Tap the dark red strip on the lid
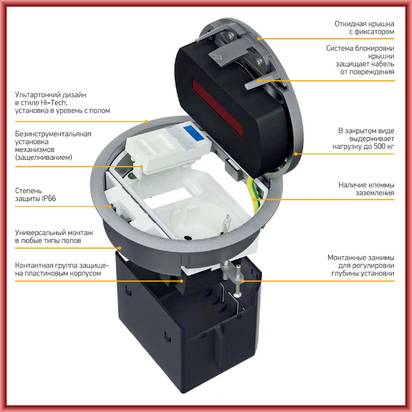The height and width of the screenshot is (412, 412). [218, 108]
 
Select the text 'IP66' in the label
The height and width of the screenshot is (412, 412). [49, 199]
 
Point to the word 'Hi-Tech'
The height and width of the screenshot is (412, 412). [54, 103]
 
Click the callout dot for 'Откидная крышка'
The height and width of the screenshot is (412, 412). [259, 39]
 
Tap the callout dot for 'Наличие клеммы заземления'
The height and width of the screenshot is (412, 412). [255, 199]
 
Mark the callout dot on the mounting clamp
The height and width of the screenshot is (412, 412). [243, 281]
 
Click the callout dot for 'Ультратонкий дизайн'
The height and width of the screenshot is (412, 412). [147, 122]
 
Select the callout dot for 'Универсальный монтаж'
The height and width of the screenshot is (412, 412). [120, 248]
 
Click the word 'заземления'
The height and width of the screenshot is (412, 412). [375, 193]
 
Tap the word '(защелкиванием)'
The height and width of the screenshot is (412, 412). [44, 157]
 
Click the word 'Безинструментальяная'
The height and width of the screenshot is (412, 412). [53, 134]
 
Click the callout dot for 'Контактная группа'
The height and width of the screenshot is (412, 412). [181, 281]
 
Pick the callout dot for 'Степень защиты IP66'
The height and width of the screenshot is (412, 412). [110, 206]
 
